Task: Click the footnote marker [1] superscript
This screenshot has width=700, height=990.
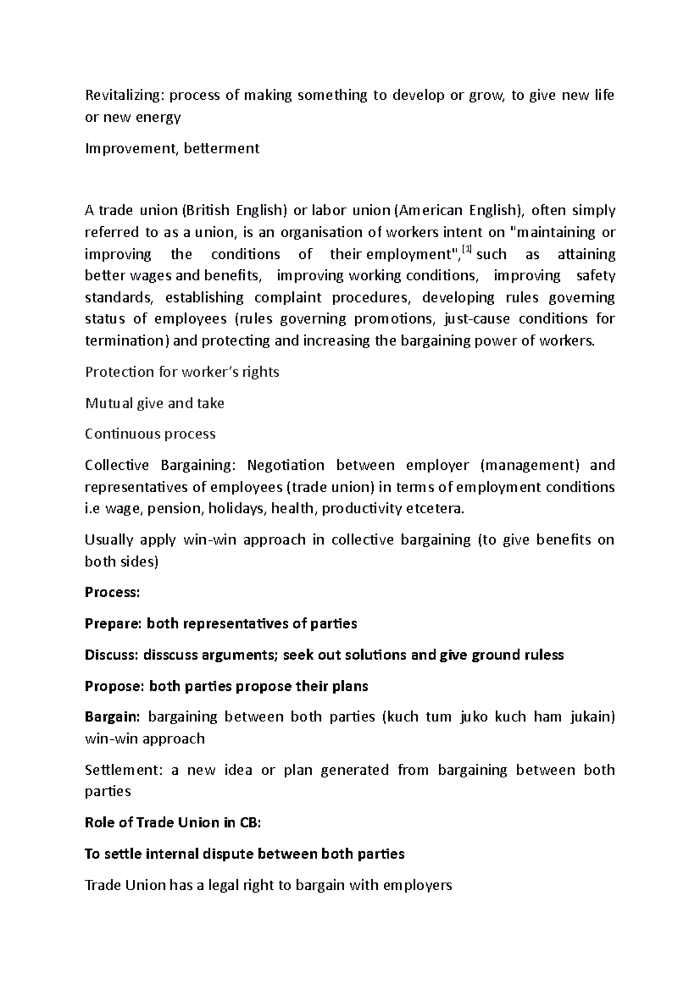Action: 467,251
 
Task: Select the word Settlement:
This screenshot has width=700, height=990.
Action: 122,771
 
